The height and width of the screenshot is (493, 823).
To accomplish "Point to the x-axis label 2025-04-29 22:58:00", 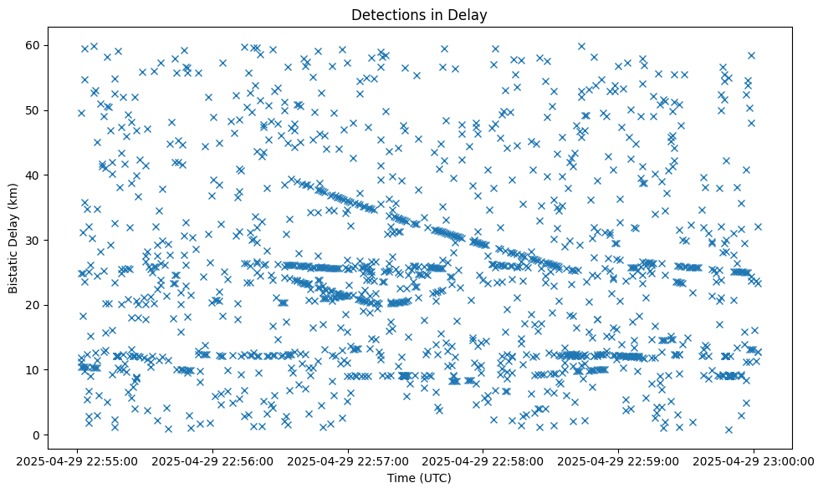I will click(x=484, y=460).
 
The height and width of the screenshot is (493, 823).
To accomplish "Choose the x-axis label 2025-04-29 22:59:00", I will click(x=619, y=460).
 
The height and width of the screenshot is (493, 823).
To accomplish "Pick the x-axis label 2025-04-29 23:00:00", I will click(x=754, y=460).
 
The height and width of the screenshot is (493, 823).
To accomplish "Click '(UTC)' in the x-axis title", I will click(x=436, y=478).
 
